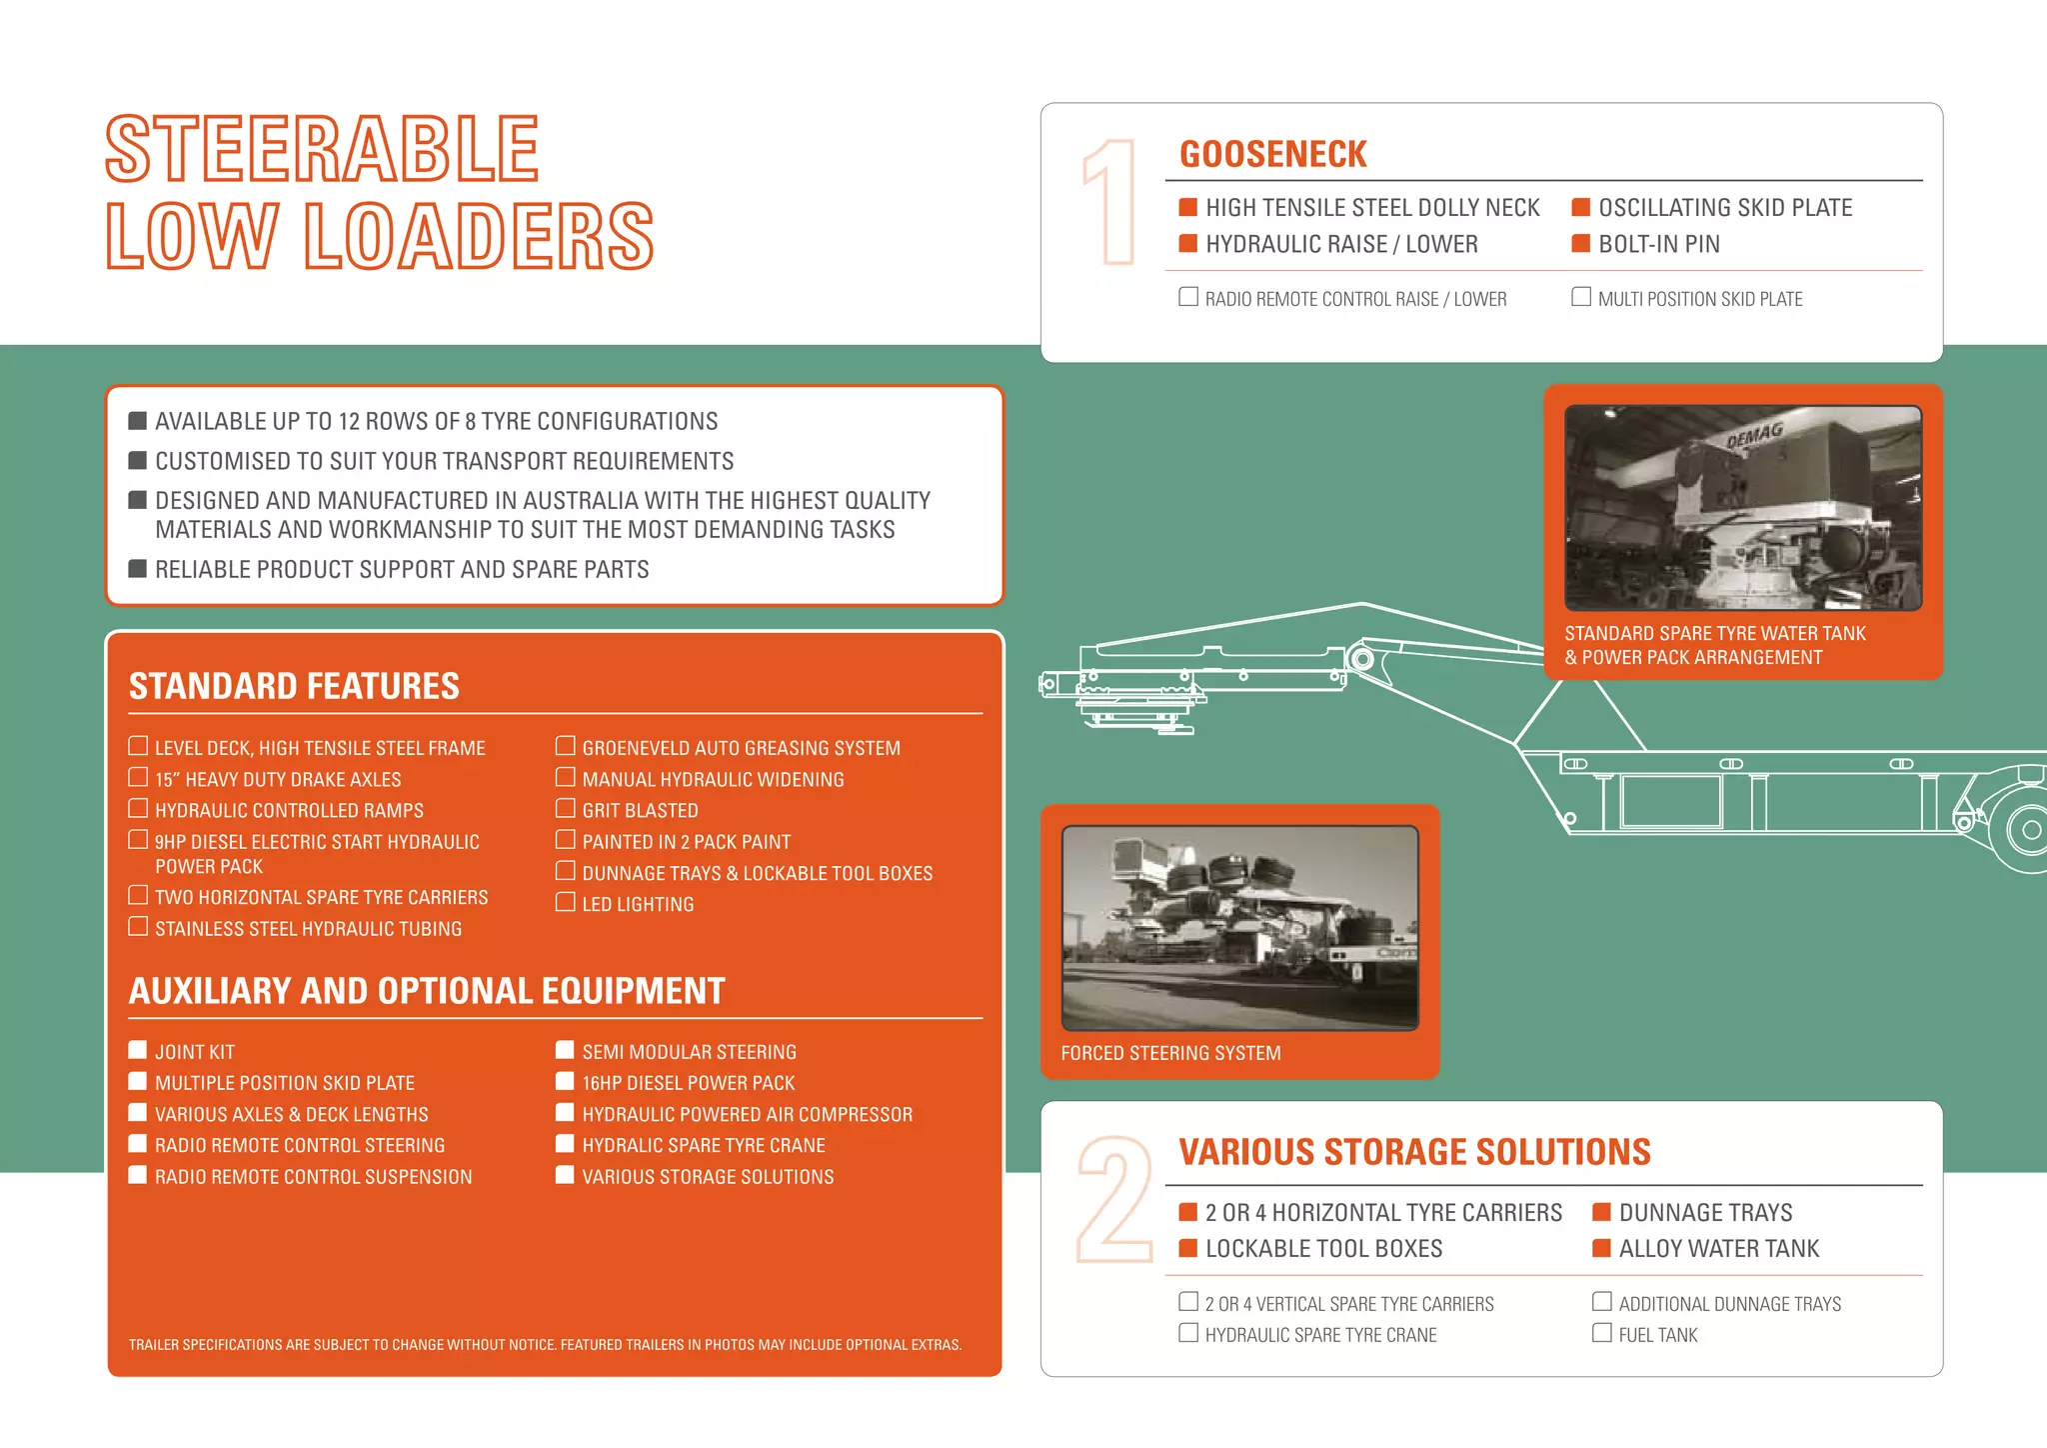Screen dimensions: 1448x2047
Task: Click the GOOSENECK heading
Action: point(1272,154)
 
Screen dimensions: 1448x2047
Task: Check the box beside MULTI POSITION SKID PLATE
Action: point(1581,297)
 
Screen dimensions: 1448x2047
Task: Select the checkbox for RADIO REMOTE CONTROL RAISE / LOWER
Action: point(1188,297)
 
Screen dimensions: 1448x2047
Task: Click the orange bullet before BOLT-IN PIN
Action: point(1581,243)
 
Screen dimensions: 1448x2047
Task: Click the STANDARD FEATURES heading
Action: point(294,686)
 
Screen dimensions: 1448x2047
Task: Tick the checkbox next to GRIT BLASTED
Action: point(566,809)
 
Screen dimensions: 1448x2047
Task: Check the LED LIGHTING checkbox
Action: point(566,903)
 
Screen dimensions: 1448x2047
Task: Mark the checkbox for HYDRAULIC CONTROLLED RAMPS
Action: point(138,809)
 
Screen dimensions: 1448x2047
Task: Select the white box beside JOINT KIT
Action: point(138,1050)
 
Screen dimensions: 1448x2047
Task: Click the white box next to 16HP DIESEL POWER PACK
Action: point(565,1081)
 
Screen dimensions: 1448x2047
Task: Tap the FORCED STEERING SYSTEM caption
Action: point(1170,1053)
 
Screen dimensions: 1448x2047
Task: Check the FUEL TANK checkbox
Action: point(1602,1333)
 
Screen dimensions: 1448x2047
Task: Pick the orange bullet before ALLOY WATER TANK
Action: point(1602,1248)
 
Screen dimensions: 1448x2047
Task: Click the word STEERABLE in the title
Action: point(322,149)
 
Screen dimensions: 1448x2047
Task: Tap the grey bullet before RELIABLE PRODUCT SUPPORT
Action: point(138,569)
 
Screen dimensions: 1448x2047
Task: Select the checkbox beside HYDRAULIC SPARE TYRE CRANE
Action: point(1188,1333)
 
